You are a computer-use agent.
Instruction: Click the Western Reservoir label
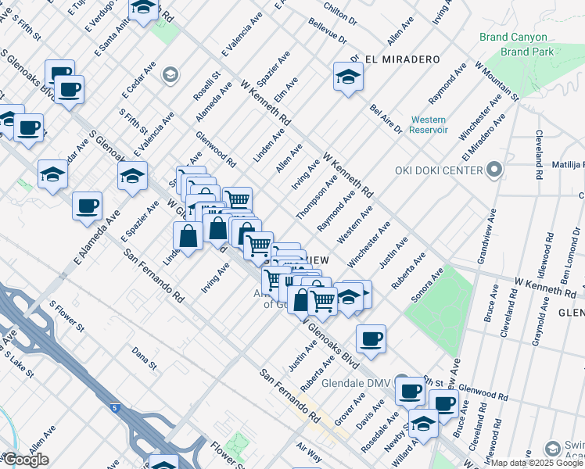[x=428, y=125]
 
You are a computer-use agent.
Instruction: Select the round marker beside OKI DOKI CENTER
[x=494, y=169]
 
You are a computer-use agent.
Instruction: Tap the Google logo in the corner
[x=26, y=460]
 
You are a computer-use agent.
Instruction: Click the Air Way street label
[x=309, y=447]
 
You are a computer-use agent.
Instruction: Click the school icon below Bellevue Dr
[x=348, y=77]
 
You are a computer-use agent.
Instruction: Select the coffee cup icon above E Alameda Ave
[x=87, y=207]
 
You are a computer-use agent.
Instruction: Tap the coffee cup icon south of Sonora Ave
[x=371, y=339]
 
